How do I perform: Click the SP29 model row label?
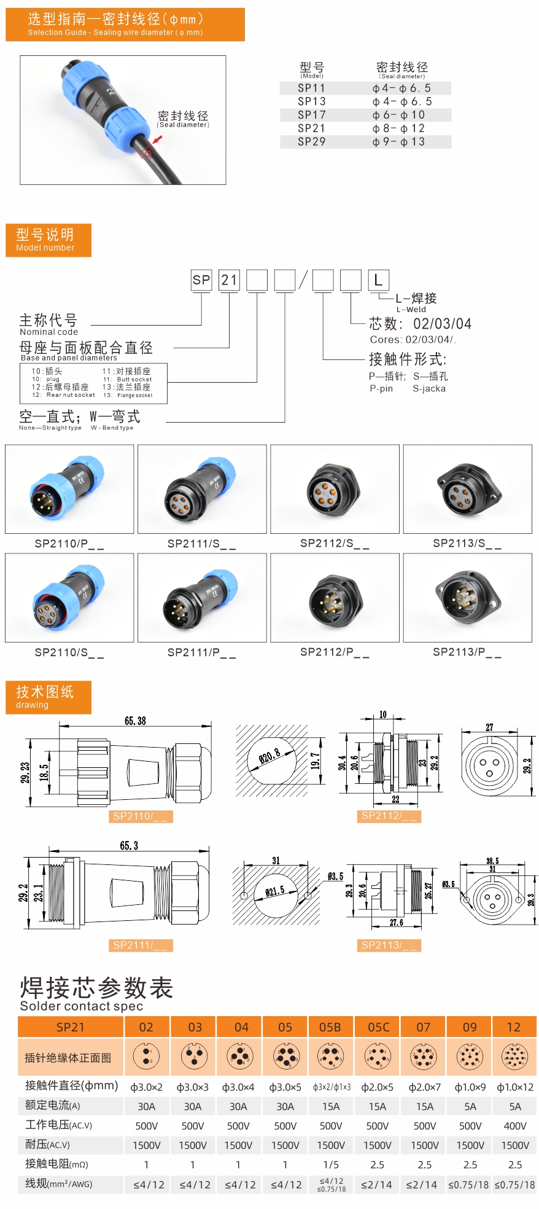point(311,142)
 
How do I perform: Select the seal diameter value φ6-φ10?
point(398,115)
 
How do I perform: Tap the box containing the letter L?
point(378,280)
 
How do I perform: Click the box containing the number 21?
point(229,280)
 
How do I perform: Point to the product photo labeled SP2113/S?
point(467,489)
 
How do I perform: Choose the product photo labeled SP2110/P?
point(69,489)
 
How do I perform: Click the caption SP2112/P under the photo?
point(335,652)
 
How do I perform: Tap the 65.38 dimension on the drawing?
point(135,721)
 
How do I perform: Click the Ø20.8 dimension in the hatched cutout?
point(269,756)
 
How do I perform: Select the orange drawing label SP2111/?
point(140,945)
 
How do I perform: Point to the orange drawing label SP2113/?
point(389,945)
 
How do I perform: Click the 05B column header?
point(330,1027)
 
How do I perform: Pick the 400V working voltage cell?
point(515,1125)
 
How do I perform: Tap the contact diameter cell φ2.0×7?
point(424,1087)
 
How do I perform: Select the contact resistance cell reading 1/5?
point(331,1164)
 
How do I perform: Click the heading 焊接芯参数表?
point(96,988)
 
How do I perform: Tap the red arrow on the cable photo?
point(157,141)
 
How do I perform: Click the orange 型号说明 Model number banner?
point(48,240)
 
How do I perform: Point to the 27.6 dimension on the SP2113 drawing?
point(397,922)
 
